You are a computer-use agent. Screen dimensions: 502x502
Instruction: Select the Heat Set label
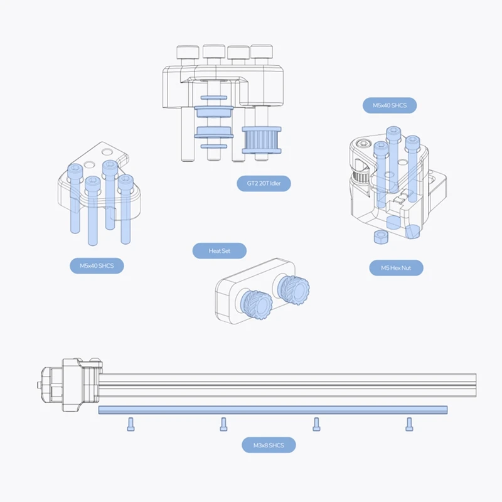[219, 251]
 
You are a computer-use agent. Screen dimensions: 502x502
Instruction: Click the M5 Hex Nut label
[396, 268]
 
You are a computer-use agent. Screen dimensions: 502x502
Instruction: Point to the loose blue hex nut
[379, 236]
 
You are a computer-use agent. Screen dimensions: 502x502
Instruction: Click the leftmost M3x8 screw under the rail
[130, 424]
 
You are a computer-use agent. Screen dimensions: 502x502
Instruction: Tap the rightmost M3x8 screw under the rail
[409, 424]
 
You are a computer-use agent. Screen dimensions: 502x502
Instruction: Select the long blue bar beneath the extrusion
[273, 410]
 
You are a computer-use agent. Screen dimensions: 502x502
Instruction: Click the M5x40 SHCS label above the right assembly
[390, 105]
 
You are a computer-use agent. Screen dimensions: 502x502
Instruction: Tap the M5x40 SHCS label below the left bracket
[97, 266]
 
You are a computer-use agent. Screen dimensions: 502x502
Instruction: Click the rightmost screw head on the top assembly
[259, 53]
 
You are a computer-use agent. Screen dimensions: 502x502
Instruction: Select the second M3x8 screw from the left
[223, 424]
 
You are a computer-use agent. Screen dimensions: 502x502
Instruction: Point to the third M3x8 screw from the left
[316, 424]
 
